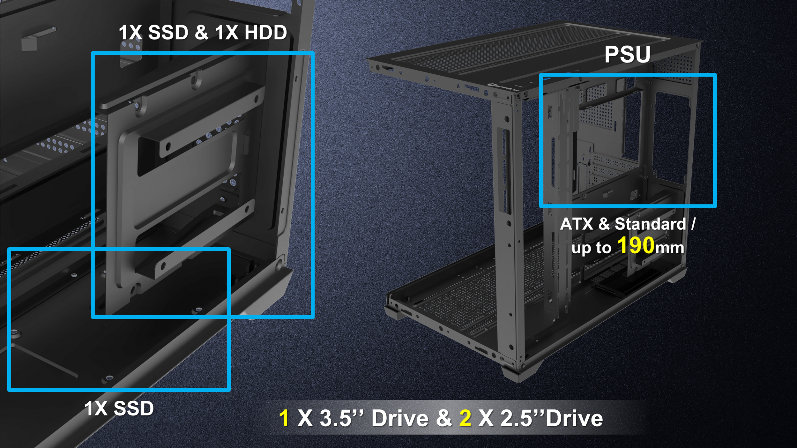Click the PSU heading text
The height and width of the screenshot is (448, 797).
(x=627, y=54)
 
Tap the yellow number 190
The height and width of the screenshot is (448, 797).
(x=636, y=245)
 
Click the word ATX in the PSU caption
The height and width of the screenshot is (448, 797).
(x=577, y=224)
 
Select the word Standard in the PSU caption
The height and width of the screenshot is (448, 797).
(x=650, y=224)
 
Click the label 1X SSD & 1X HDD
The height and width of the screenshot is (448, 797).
(x=203, y=32)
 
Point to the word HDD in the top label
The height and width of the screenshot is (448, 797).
(x=266, y=32)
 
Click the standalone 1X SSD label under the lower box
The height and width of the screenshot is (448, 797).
(x=119, y=408)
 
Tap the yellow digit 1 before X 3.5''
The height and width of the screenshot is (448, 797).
(x=284, y=418)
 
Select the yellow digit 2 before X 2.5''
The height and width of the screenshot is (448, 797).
(x=465, y=418)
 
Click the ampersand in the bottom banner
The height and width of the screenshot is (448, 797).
(x=444, y=418)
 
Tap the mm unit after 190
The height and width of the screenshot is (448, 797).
(x=670, y=248)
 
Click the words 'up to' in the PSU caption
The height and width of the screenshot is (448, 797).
(x=592, y=248)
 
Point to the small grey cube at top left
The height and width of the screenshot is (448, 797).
(x=29, y=44)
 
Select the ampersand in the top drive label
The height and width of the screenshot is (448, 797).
(x=202, y=32)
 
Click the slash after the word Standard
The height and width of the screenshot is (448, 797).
(x=693, y=224)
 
